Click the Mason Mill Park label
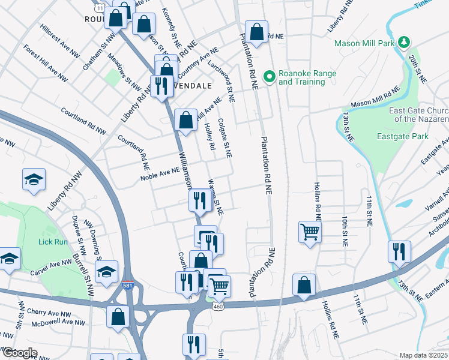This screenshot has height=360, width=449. [x=364, y=43]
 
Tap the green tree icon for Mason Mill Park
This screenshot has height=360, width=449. [x=405, y=42]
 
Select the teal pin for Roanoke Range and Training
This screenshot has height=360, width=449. [x=270, y=76]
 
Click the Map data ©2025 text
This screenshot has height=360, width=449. [x=423, y=355]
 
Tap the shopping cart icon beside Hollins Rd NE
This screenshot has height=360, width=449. [x=310, y=230]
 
